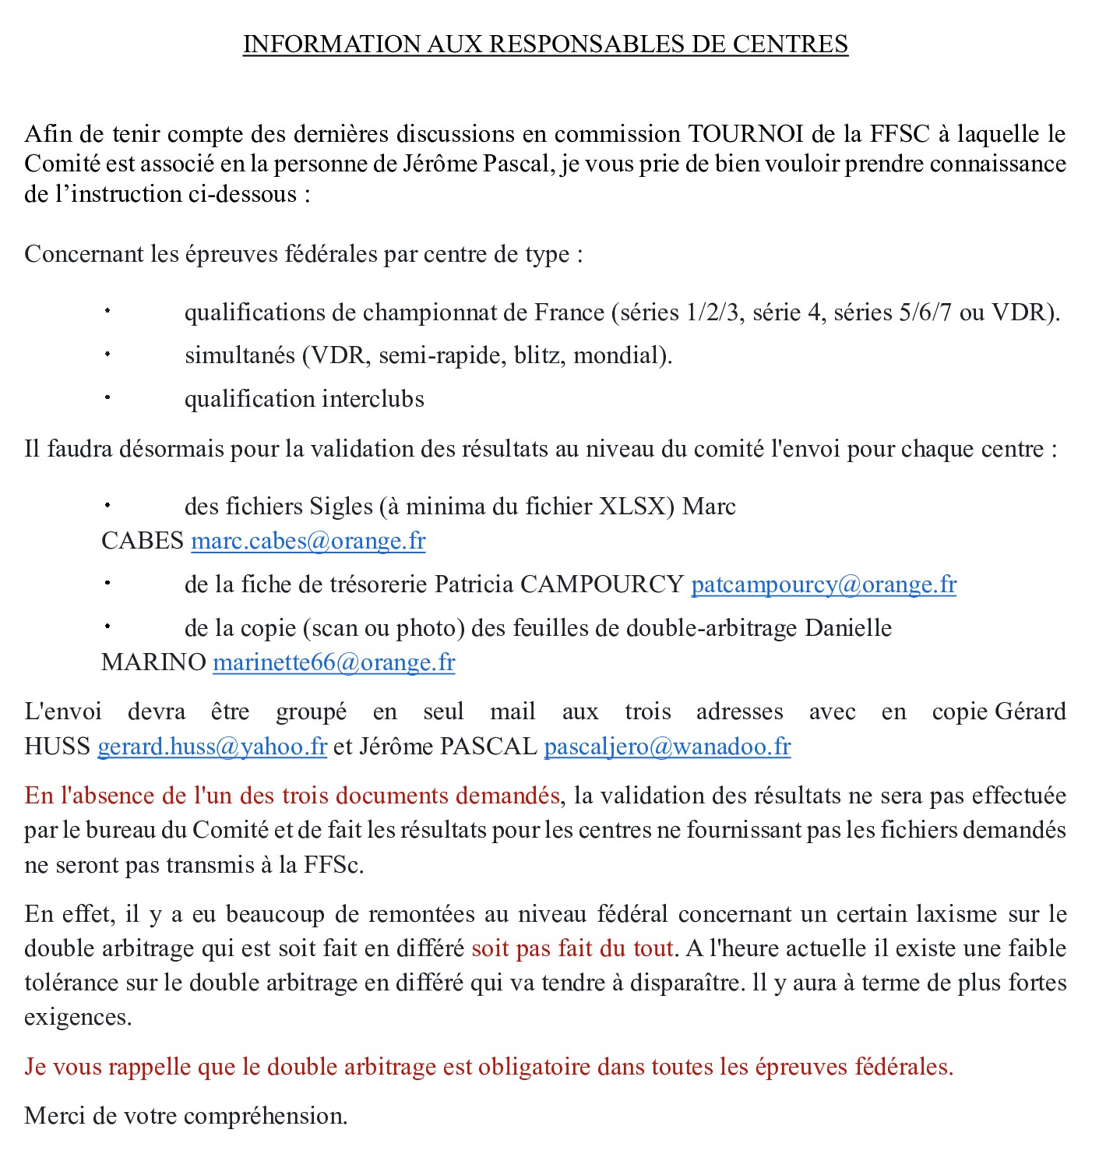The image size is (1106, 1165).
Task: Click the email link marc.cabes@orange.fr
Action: (308, 541)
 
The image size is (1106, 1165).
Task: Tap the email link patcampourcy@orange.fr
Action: (823, 584)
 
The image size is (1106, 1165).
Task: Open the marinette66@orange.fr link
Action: (333, 662)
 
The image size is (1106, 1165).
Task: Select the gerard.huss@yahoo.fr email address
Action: (212, 747)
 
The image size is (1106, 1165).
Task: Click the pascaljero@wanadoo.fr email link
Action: (667, 747)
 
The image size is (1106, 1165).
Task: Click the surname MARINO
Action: (153, 662)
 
